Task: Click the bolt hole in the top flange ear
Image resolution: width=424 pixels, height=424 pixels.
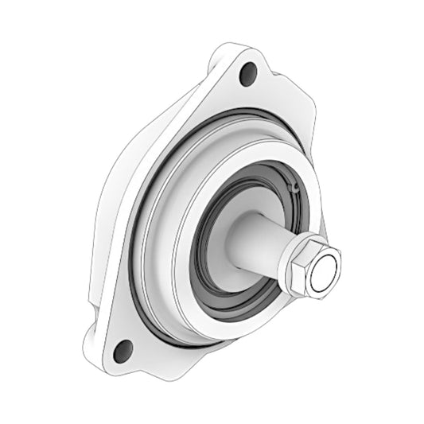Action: point(249,74)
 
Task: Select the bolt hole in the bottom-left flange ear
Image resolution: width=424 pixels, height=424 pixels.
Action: point(123,348)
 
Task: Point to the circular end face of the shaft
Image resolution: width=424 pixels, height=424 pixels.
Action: point(325,273)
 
